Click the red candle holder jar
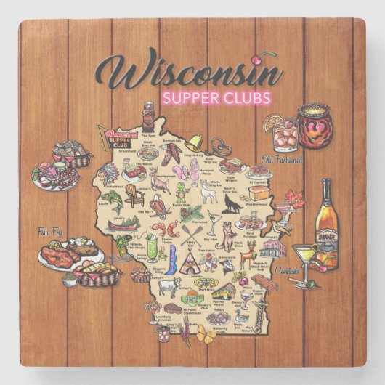tap(314, 127)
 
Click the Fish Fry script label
tap(53, 233)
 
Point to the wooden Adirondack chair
tap(132, 195)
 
